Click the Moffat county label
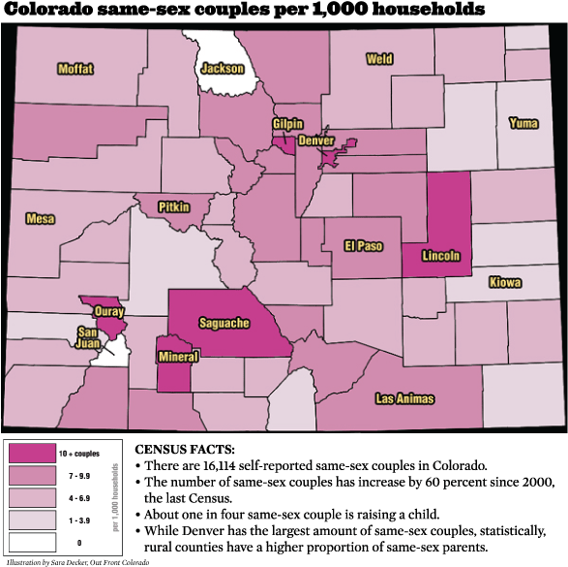[75, 69]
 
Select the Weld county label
[378, 59]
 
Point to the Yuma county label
[523, 123]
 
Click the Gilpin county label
[287, 124]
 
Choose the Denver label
[315, 141]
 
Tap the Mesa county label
[40, 219]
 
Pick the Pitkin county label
[174, 207]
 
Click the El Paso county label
[364, 246]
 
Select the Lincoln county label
[440, 257]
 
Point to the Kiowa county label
[504, 283]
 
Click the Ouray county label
[108, 311]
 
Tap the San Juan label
[87, 336]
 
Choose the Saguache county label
[224, 323]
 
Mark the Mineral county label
[178, 357]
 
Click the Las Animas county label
[404, 398]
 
